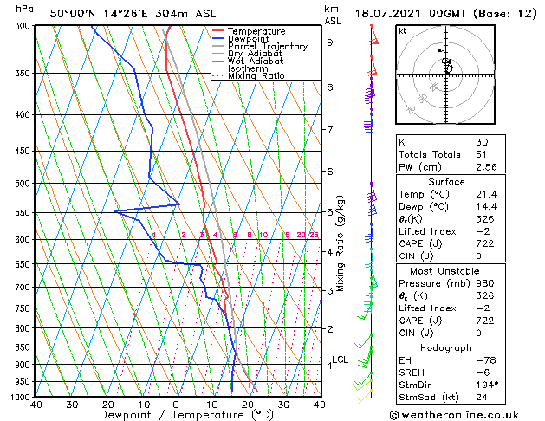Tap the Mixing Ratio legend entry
(x=256, y=76)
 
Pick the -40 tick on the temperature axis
(x=33, y=405)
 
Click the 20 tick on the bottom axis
(x=248, y=405)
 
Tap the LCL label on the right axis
(x=341, y=359)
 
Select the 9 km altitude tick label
(x=330, y=42)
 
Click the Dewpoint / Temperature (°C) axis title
(x=175, y=415)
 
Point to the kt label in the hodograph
(x=402, y=30)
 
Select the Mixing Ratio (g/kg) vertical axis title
(x=341, y=243)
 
